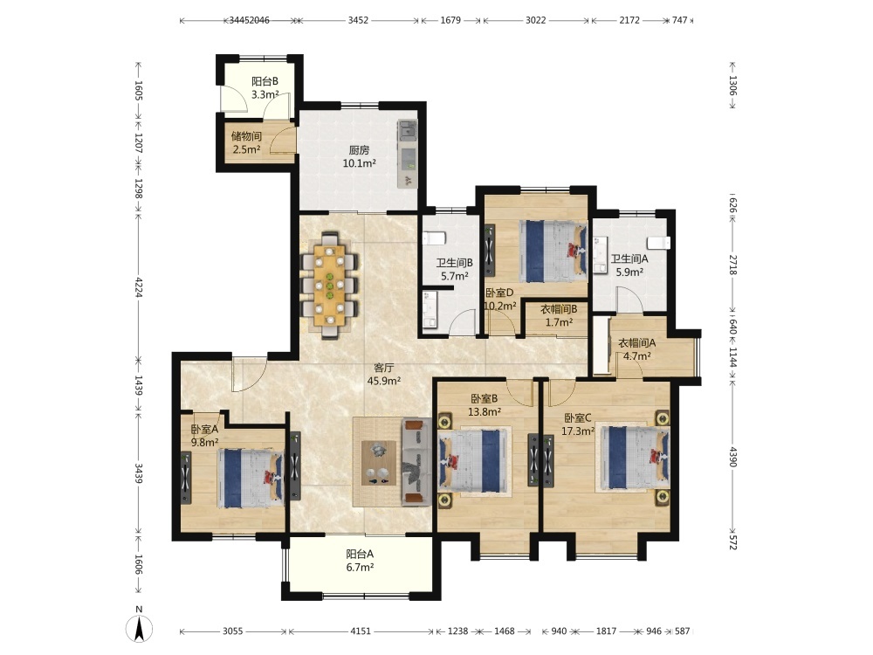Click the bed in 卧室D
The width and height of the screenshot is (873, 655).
point(553,251)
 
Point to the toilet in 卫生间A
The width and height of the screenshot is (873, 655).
point(658,243)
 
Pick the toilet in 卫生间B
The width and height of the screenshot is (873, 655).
point(434,238)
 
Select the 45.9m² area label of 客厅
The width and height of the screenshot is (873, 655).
point(384,381)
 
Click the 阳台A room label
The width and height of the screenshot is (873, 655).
point(360,555)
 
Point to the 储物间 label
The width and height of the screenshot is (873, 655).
point(246,136)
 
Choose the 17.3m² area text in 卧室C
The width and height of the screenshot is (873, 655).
point(578,431)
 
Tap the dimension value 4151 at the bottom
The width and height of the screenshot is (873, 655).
point(361,631)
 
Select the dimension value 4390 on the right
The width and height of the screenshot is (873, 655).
point(732,458)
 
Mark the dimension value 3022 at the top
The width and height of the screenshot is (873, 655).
point(536,20)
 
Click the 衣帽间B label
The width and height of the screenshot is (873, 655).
point(559,308)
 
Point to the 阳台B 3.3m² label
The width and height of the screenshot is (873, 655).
point(265,87)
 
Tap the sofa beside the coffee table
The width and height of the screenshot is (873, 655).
point(416,462)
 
